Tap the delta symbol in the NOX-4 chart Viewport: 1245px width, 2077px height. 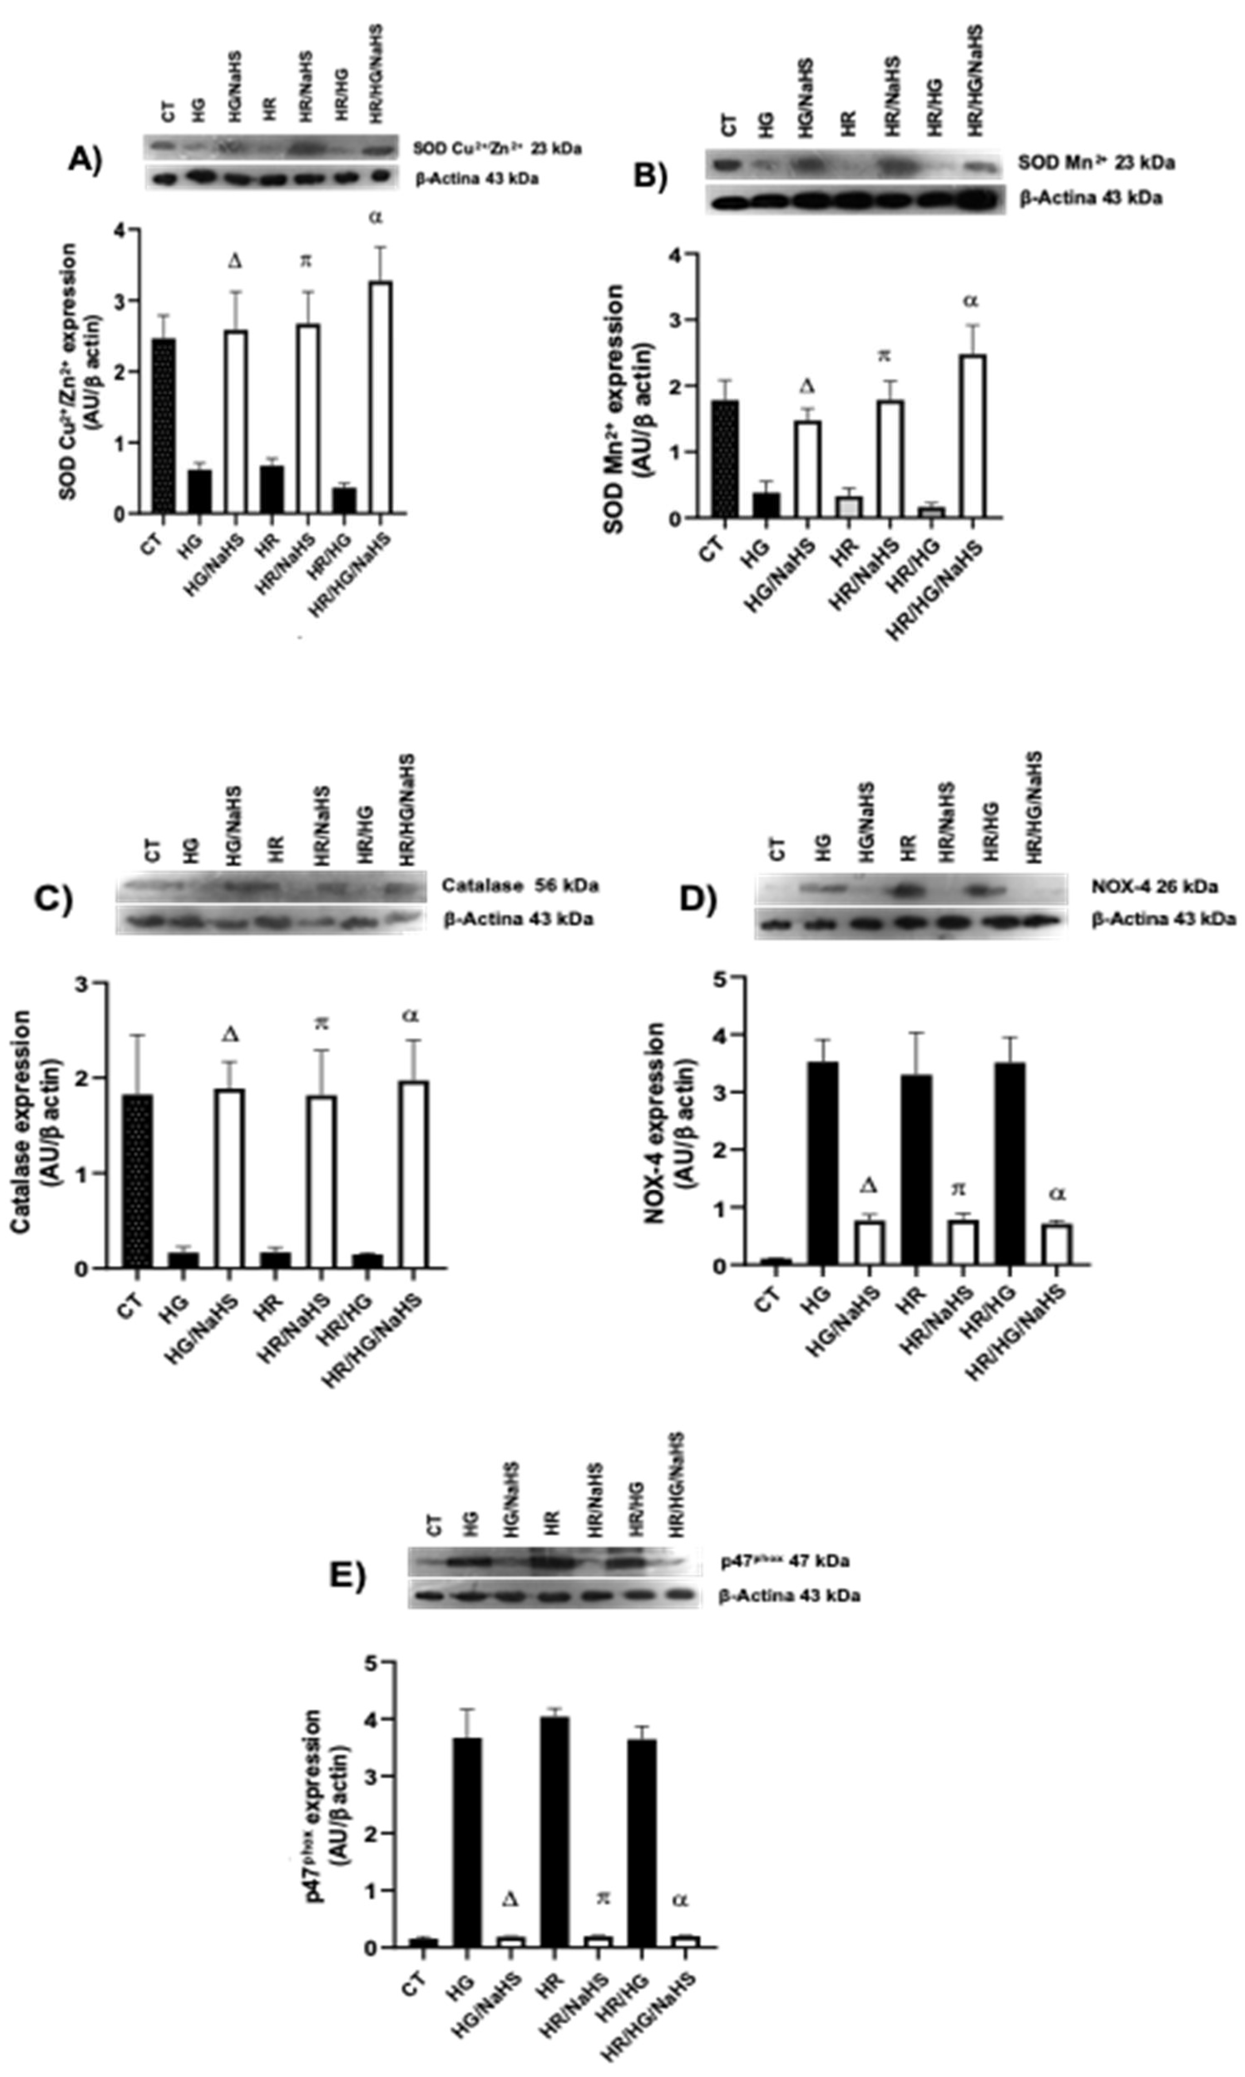(869, 1185)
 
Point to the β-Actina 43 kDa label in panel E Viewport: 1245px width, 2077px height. (789, 1595)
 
